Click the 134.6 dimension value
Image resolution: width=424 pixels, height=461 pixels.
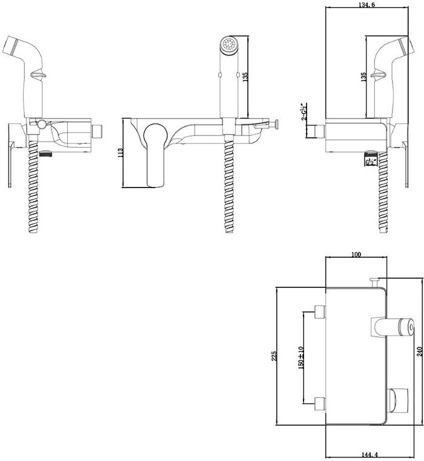click(367, 5)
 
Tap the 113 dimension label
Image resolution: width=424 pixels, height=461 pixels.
click(121, 153)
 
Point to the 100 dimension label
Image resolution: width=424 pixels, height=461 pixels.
click(356, 254)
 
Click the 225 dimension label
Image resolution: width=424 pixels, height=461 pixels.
click(274, 356)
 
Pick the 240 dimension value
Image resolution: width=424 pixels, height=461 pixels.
click(420, 352)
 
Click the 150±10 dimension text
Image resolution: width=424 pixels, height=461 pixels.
click(300, 358)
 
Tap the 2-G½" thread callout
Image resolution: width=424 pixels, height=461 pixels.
click(303, 111)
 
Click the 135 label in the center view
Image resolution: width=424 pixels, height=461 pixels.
click(245, 77)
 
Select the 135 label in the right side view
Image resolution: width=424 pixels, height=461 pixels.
click(363, 77)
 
